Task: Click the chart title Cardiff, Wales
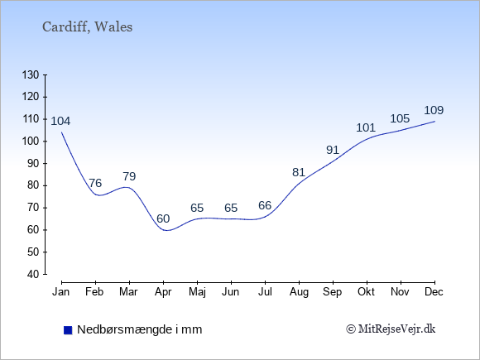click(x=87, y=27)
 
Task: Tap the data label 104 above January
click(x=60, y=121)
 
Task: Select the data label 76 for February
click(x=95, y=183)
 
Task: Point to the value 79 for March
click(x=129, y=176)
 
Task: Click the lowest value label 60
click(x=163, y=218)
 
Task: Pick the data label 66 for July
click(x=265, y=205)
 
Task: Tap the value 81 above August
click(x=299, y=172)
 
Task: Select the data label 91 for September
click(x=333, y=150)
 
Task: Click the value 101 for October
click(x=366, y=127)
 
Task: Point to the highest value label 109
click(x=434, y=110)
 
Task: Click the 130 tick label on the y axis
click(x=31, y=74)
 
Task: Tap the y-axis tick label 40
click(x=33, y=274)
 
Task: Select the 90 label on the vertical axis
click(x=33, y=163)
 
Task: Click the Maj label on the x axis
click(x=197, y=292)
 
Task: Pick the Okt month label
click(x=366, y=292)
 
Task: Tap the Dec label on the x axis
click(x=434, y=292)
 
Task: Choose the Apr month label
click(x=163, y=292)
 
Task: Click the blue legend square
click(x=68, y=330)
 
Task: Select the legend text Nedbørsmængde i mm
click(x=140, y=329)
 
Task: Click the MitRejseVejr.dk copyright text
click(x=391, y=329)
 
